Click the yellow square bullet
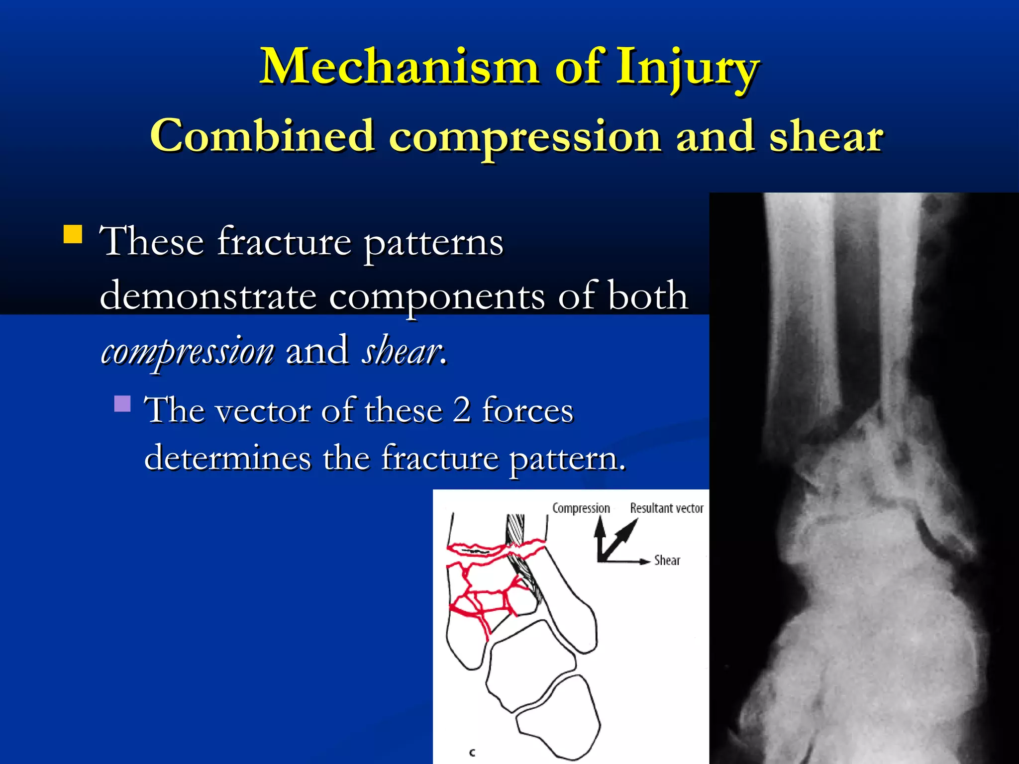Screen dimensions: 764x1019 73,234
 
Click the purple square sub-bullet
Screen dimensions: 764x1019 122,403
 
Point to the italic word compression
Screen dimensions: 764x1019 188,350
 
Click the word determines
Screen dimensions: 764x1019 227,458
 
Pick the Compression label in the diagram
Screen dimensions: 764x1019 581,508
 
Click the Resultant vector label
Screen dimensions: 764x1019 667,508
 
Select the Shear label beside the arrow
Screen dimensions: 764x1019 667,561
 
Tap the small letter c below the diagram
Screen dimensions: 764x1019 472,753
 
